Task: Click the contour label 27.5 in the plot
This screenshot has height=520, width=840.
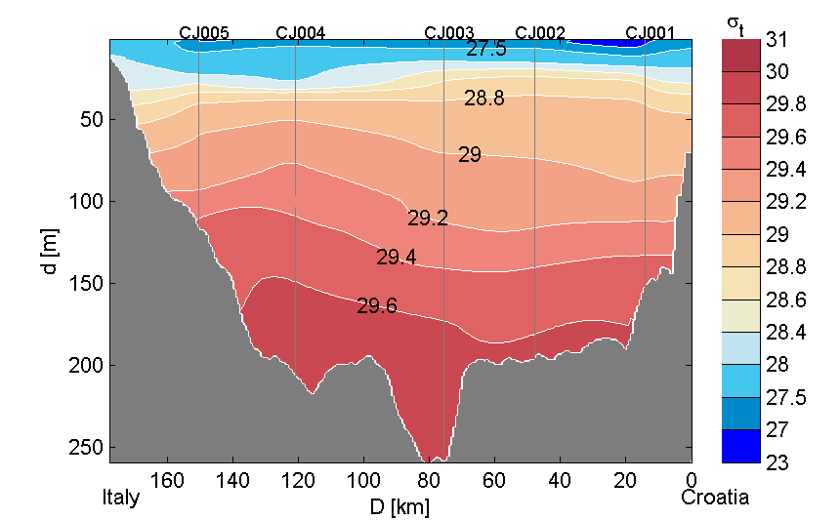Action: tap(485, 49)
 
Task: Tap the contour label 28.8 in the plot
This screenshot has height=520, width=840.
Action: tap(483, 99)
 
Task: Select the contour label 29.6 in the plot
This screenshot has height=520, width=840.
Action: tap(376, 306)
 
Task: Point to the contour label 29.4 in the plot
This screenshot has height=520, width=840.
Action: tap(396, 258)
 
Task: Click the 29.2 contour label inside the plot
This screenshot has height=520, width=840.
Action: tap(427, 219)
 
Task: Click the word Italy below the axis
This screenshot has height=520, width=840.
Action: tap(121, 498)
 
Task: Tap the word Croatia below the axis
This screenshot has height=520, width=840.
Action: tap(715, 498)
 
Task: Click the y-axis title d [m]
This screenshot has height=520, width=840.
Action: tap(51, 253)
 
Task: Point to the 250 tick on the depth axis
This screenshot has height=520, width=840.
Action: tap(91, 448)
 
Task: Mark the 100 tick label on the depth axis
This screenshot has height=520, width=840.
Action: tap(91, 202)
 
